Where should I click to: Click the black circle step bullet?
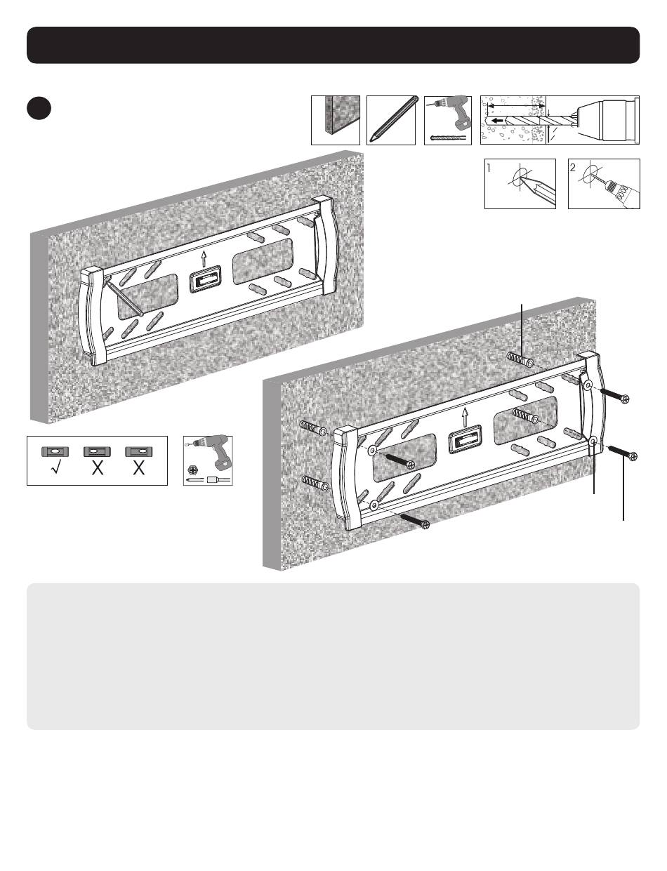click(39, 109)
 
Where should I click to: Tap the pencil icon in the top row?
click(391, 120)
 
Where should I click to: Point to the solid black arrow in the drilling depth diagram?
click(498, 120)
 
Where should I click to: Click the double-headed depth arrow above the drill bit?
click(516, 106)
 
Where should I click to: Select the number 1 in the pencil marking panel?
click(489, 168)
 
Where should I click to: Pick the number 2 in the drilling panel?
click(573, 168)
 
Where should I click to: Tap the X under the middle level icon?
click(97, 468)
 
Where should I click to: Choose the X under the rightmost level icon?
click(139, 468)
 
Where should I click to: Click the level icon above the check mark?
click(55, 452)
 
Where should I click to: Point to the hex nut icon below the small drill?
click(191, 469)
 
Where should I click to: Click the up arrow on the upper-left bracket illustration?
click(204, 258)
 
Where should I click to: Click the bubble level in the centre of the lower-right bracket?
click(465, 439)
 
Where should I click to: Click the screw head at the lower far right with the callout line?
click(633, 456)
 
